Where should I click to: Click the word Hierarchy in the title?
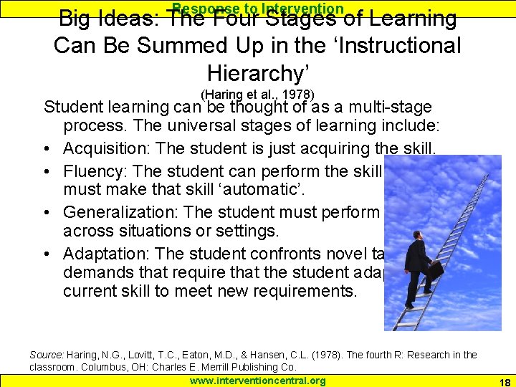click(257, 74)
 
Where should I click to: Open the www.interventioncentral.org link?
click(257, 381)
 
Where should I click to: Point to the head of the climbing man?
click(419, 236)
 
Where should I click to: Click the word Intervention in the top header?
click(302, 8)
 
